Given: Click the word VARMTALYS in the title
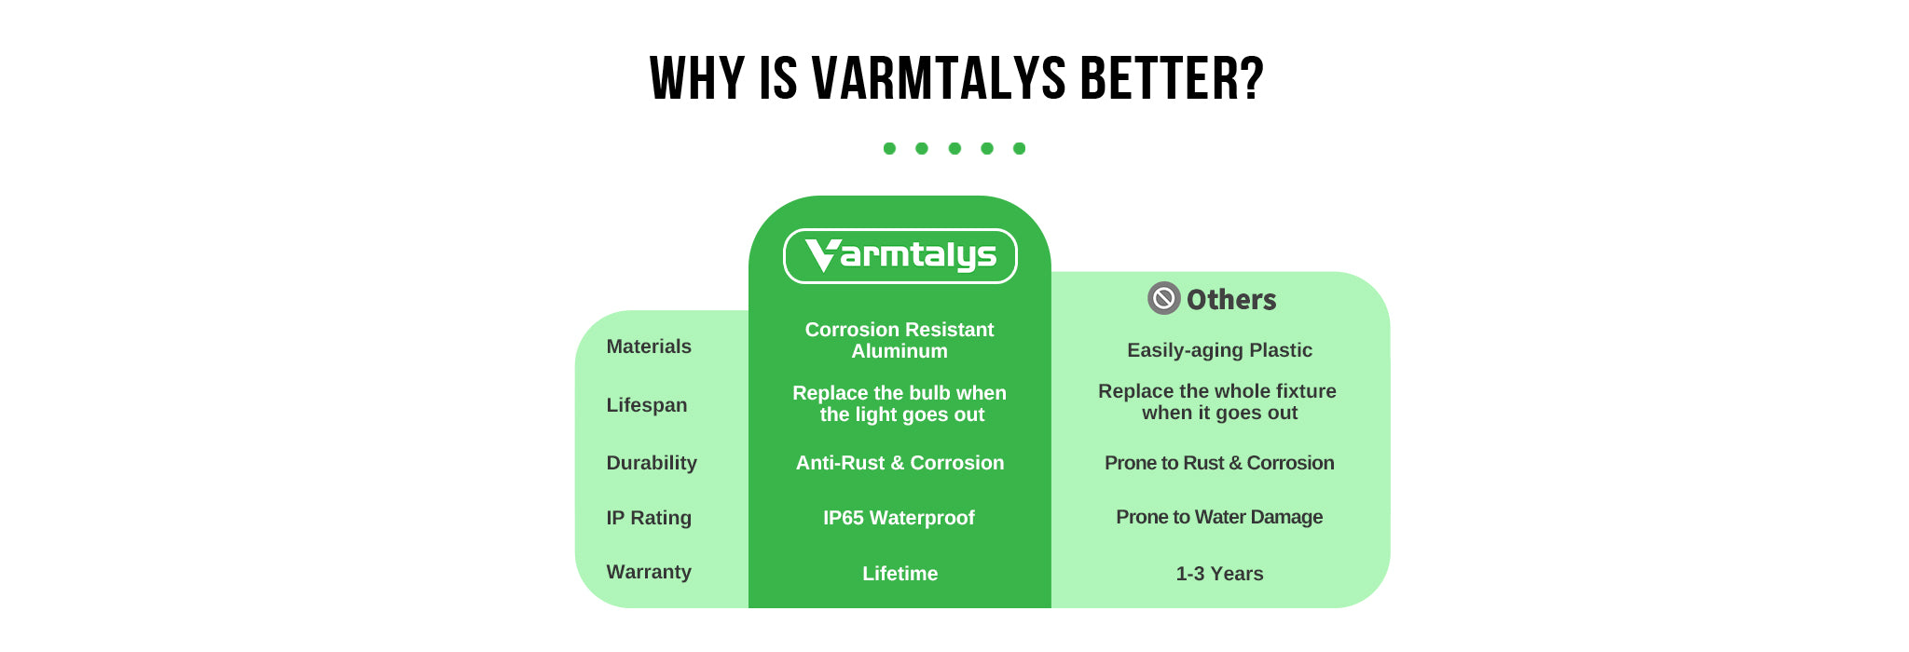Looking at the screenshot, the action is (x=939, y=78).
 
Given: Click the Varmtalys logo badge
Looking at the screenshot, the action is (x=900, y=256).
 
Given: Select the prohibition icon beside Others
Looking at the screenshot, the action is (x=1163, y=298).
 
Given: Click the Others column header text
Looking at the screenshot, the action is (x=1231, y=300).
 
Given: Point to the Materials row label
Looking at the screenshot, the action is (x=649, y=346).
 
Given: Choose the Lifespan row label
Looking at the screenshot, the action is (x=647, y=405).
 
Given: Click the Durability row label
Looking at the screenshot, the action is (x=652, y=463).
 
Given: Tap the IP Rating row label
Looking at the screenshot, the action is (x=649, y=518).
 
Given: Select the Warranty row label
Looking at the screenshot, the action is (x=649, y=572).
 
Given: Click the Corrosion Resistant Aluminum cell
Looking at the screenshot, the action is (x=900, y=340).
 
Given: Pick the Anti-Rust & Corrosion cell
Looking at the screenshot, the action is (x=900, y=463).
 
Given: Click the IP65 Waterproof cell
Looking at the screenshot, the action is (x=899, y=518).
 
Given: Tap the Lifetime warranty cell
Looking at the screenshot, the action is (x=900, y=574).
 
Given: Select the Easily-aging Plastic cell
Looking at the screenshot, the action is (x=1219, y=350).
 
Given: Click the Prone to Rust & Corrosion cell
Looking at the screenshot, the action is (x=1219, y=463).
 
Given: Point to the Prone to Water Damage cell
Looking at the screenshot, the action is (x=1219, y=517).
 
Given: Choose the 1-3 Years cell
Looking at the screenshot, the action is (x=1219, y=574).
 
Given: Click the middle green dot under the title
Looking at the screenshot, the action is (x=954, y=148).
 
